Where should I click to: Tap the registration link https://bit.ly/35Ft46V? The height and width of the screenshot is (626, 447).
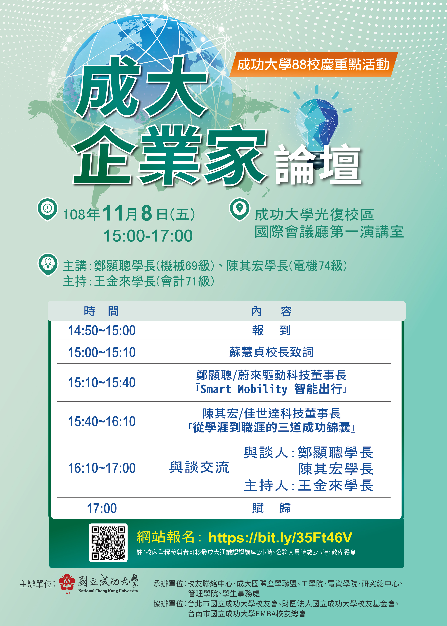pos(280,538)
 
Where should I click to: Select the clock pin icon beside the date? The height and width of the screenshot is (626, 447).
pos(47,209)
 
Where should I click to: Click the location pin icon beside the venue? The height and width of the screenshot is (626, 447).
pos(240,209)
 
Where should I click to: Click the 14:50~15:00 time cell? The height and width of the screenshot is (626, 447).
pos(102,330)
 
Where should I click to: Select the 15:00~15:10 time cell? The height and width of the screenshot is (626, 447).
pos(102,352)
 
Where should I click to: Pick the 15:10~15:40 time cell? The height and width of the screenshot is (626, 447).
pos(102,382)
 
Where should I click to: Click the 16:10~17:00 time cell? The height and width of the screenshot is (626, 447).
pos(102,468)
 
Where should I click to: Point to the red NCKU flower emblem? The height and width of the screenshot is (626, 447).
pos(67,582)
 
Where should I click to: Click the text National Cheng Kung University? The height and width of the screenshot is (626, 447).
pos(108,591)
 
